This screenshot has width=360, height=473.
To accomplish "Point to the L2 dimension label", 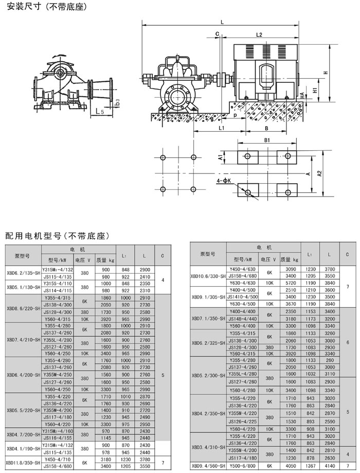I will pos(259,34).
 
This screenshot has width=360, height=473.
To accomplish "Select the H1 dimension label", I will pos(314,91).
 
